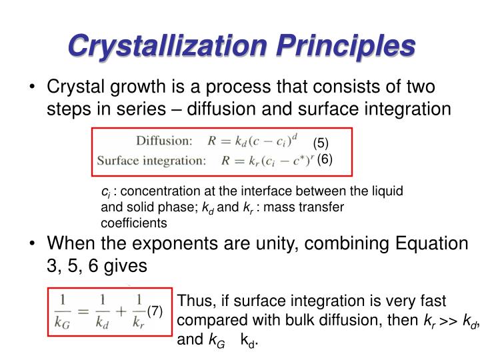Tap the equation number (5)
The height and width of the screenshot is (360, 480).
[x=321, y=143]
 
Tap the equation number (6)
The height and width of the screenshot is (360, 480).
[x=325, y=159]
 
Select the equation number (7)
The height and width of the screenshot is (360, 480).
[x=155, y=310]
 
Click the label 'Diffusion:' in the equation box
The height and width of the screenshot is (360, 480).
[x=163, y=141]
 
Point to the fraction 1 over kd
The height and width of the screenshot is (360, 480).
[x=102, y=310]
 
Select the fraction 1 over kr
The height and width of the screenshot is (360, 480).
[x=138, y=310]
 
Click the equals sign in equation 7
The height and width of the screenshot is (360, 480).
[x=85, y=311]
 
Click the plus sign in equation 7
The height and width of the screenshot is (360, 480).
[x=121, y=311]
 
